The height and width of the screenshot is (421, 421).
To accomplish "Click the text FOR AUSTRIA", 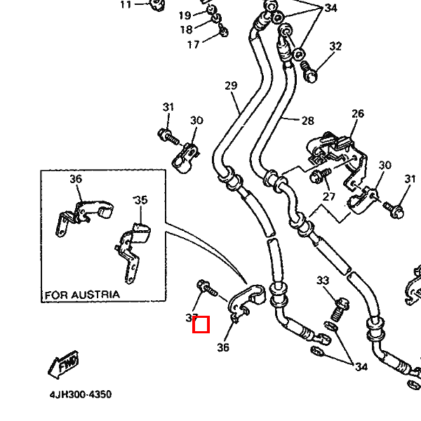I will [x=82, y=295].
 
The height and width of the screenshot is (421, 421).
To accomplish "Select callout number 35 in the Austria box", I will [x=141, y=200].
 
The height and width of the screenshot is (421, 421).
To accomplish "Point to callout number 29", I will [x=232, y=86].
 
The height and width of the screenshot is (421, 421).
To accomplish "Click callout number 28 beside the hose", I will [x=307, y=121].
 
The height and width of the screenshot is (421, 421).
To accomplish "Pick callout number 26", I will [x=358, y=114].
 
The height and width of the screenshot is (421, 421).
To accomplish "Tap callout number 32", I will [x=335, y=46].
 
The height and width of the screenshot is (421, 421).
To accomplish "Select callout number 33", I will [x=323, y=281].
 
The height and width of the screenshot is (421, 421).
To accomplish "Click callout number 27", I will [x=329, y=197].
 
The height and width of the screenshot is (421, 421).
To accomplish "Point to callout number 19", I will [x=185, y=15].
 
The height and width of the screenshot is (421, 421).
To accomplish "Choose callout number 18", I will [x=186, y=29].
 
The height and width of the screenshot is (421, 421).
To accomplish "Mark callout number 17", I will [x=193, y=45].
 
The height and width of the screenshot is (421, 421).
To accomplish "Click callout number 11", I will [x=126, y=5].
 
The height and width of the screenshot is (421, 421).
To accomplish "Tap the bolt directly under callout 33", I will [x=341, y=306].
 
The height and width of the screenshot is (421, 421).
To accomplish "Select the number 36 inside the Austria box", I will [x=76, y=179].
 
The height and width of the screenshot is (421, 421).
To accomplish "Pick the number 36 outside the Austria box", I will [x=224, y=347].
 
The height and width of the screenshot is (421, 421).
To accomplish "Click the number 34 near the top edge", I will [x=330, y=8].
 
